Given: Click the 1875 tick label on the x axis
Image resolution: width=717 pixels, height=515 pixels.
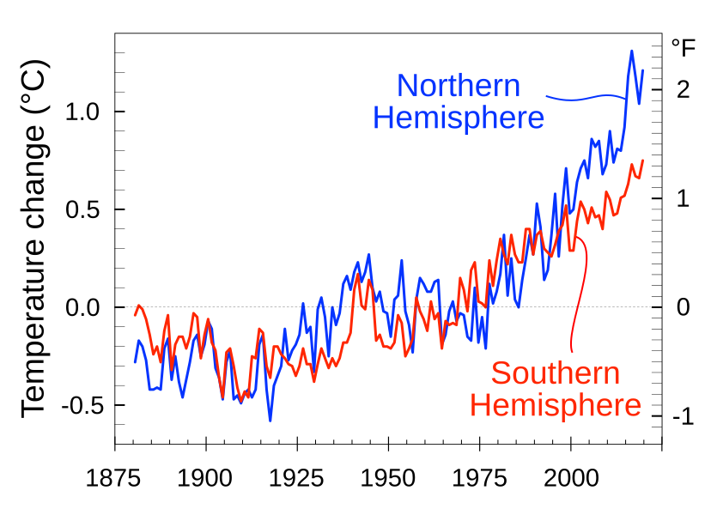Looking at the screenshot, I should coord(115,476).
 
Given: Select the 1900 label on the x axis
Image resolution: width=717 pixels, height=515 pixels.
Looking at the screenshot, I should coord(206,476).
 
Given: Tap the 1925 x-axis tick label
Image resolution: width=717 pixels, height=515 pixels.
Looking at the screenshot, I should coord(297,476).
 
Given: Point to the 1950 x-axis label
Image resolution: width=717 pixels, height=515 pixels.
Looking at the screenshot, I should coord(388,476).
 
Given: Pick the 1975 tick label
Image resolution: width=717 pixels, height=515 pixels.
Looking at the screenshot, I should coord(479,476).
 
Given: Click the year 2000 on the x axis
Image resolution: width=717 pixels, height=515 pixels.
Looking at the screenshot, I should coord(570,476).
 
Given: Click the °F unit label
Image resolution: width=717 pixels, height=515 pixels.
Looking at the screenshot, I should coord(684,48).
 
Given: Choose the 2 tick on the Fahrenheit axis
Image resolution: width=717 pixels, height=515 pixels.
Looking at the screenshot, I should coord(684,89).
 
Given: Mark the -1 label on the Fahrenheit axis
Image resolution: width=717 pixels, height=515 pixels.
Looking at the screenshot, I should coord(682,417).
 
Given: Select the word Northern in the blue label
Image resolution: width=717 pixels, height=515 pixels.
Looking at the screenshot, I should coord(459,86).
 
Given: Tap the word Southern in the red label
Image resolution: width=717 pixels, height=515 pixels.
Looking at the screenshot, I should coord(555,374).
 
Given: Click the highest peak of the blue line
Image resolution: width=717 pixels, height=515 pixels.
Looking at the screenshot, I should coord(632,51).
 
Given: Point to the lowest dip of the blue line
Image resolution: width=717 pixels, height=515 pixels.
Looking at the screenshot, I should coord(270,421).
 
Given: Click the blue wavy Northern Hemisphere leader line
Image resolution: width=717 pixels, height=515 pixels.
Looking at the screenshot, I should coord(584,96).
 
